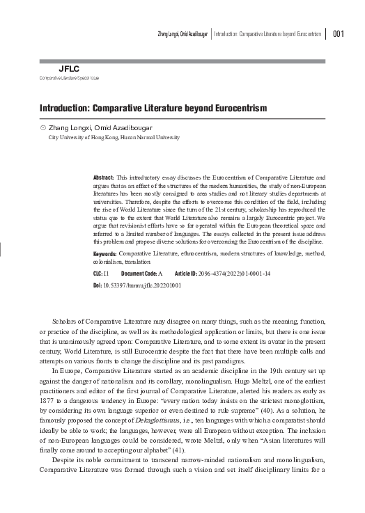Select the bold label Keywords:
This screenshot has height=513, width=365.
[x=104, y=255]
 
